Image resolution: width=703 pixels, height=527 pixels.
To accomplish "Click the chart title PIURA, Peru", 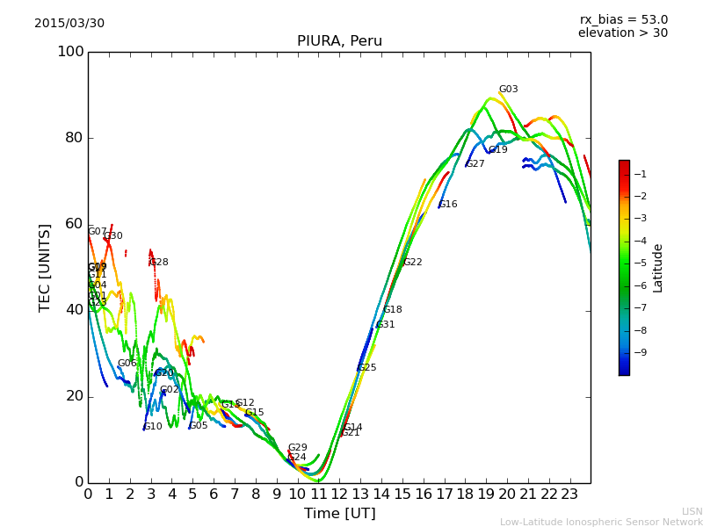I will pos(339,41).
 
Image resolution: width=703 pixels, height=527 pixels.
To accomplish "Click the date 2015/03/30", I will pos(69,23).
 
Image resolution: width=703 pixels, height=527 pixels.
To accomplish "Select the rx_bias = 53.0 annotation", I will pos(623,19).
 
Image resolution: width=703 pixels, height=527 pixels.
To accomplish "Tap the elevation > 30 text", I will pos(622,33).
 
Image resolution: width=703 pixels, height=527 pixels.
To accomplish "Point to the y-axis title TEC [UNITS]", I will pos(45,267).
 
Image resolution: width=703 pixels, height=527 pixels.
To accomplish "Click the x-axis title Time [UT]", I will pos(339,514).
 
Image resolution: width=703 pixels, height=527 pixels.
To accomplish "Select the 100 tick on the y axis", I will pos(70,52).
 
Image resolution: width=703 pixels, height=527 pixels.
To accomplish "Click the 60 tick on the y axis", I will pos(75,224).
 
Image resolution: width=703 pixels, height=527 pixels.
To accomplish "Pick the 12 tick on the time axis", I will pos(339,494).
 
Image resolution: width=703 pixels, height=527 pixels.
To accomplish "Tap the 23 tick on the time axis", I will pos(569,494).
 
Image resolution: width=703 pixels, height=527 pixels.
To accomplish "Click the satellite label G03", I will pos(508,90).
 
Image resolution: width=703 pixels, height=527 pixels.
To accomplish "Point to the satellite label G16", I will pos(448,205).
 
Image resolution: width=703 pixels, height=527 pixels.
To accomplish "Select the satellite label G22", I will pos(412,263).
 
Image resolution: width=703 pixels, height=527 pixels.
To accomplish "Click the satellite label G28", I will pos(158,263).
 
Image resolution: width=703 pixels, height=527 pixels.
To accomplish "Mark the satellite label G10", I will pos(153,427).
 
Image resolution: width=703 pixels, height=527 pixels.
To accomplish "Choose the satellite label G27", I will pos(475,164).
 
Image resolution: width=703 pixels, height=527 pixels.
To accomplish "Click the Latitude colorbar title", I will pos(658,268).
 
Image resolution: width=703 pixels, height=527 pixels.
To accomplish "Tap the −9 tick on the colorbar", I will pos(640,353).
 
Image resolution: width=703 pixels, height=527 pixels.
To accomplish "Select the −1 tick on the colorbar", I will pos(640,175).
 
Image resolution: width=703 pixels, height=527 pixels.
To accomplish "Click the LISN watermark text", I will pos(692,511).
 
